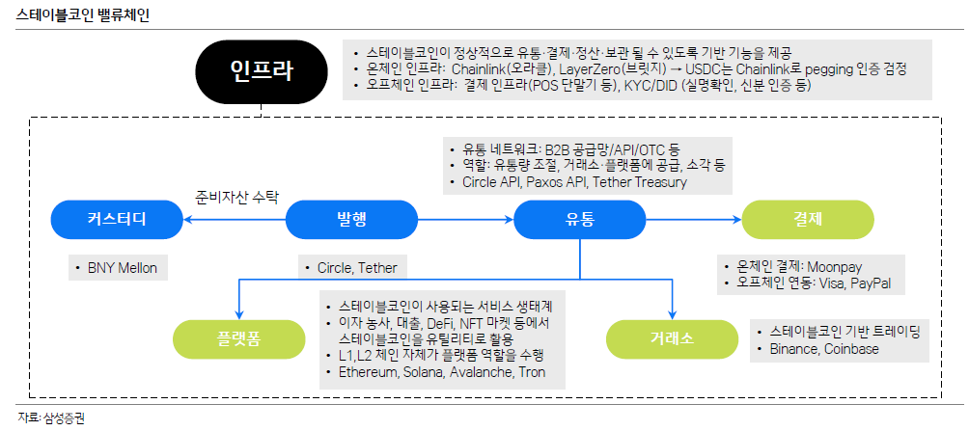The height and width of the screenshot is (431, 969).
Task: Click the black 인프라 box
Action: [x=261, y=70]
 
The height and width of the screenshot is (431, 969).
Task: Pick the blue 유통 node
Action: [x=579, y=220]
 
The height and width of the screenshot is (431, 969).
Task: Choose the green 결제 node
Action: [x=807, y=220]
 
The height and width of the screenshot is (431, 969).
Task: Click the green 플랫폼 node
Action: [x=237, y=337]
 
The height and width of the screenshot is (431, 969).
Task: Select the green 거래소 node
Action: [x=671, y=337]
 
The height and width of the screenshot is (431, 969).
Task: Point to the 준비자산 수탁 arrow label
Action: [x=236, y=198]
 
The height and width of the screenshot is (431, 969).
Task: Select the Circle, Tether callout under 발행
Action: [x=349, y=267]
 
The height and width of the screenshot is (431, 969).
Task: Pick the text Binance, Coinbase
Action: [x=824, y=348]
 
